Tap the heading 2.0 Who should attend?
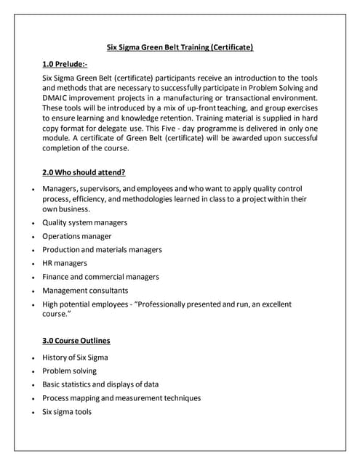84,172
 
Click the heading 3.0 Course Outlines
77,340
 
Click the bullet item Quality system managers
85,222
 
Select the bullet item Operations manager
77,236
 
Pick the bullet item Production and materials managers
102,249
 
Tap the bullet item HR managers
65,263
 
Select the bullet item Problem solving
70,371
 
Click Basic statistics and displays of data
100,384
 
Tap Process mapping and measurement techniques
121,397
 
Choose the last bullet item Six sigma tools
67,411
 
